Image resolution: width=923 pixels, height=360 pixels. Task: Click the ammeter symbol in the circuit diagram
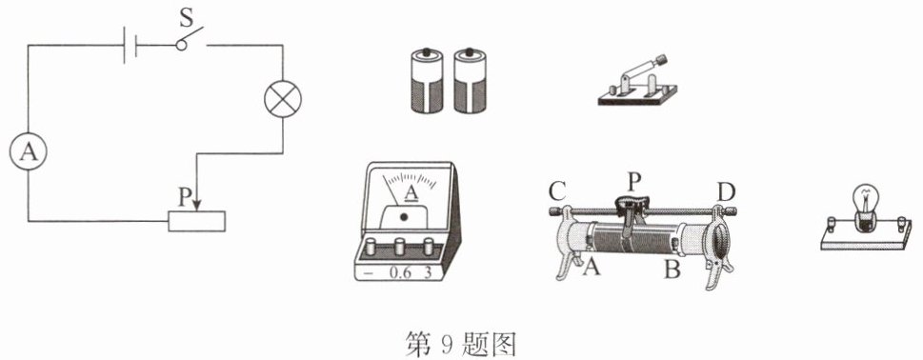(28, 153)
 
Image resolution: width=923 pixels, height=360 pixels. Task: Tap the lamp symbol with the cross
(283, 99)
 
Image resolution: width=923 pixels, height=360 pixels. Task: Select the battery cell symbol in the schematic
(130, 45)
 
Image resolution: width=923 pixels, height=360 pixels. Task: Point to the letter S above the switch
(187, 18)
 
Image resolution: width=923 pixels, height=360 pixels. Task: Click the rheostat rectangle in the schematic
(196, 221)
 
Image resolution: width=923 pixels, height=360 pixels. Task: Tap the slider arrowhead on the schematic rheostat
(196, 204)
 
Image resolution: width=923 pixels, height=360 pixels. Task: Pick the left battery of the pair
(426, 80)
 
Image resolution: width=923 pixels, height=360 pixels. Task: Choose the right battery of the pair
(470, 80)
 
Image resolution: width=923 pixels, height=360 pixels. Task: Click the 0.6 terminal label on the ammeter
(401, 273)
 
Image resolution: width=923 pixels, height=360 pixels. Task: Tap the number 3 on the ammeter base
(428, 273)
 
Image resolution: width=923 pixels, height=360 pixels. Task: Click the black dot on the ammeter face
(403, 217)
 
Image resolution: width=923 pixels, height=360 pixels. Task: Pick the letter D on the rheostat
(726, 191)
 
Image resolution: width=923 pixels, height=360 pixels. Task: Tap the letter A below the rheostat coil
(592, 269)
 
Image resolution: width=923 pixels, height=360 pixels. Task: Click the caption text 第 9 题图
(461, 344)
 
